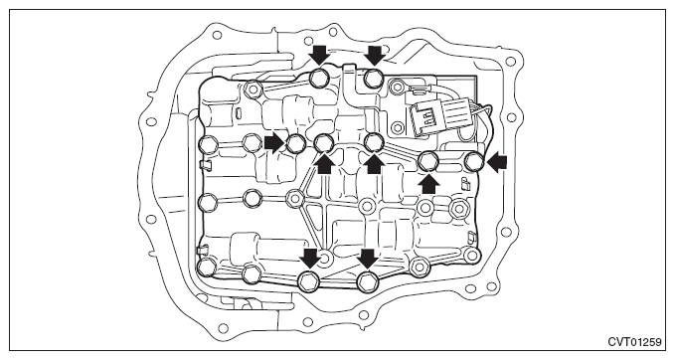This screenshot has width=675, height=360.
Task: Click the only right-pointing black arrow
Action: pyautogui.click(x=273, y=143)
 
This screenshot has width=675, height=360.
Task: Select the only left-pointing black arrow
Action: pyautogui.click(x=497, y=162)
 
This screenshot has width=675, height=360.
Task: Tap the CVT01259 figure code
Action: pyautogui.click(x=634, y=342)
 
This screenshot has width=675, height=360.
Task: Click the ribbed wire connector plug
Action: pyautogui.click(x=428, y=114)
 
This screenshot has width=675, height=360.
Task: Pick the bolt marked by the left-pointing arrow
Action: pyautogui.click(x=475, y=161)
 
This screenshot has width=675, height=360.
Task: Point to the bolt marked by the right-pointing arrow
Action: pyautogui.click(x=295, y=143)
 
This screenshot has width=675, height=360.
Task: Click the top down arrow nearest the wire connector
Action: pyautogui.click(x=375, y=56)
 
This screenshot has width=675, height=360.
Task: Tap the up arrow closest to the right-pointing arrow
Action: pyautogui.click(x=325, y=164)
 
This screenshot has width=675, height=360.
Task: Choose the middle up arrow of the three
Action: pyautogui.click(x=375, y=164)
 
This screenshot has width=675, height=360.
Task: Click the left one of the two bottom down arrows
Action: pyautogui.click(x=310, y=258)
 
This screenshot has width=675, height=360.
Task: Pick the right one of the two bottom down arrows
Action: pyautogui.click(x=368, y=258)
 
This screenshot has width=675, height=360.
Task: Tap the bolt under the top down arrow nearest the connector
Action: pyautogui.click(x=374, y=79)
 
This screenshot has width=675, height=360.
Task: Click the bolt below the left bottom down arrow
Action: pyautogui.click(x=309, y=281)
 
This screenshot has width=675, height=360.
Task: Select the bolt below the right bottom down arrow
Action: pyautogui.click(x=368, y=281)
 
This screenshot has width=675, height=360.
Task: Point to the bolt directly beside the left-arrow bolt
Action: pyautogui.click(x=428, y=161)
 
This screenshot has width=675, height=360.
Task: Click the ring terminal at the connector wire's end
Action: pyautogui.click(x=397, y=86)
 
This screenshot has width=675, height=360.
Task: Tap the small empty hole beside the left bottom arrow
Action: pyautogui.click(x=325, y=259)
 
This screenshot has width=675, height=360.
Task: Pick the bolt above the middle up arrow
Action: pyautogui.click(x=374, y=142)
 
